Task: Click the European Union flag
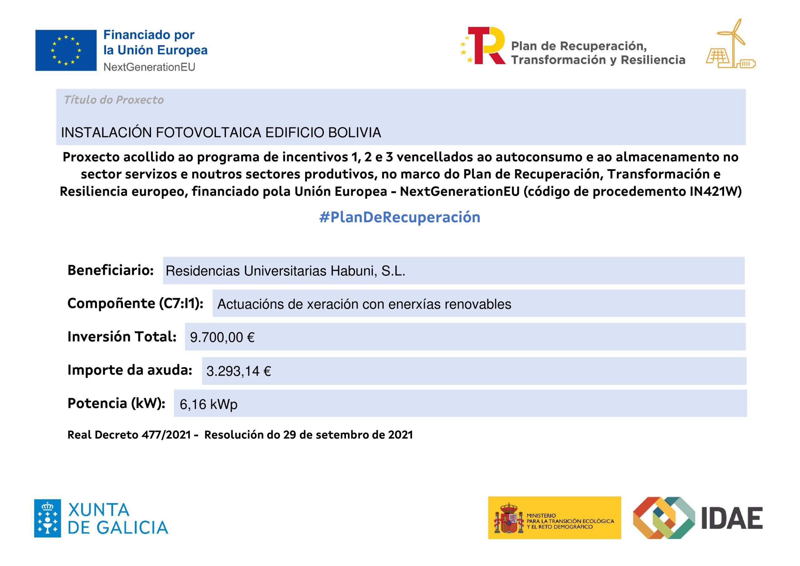(66, 51)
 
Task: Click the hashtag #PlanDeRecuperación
(400, 217)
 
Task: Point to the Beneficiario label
(110, 270)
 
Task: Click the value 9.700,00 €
(222, 337)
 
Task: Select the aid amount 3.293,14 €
(239, 371)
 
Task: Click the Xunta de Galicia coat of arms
(47, 518)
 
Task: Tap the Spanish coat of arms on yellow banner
(509, 518)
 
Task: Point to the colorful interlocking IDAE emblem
(663, 518)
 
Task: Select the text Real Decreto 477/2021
(129, 435)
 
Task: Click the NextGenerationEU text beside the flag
(149, 67)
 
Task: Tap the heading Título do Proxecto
(113, 100)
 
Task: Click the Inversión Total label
(122, 337)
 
